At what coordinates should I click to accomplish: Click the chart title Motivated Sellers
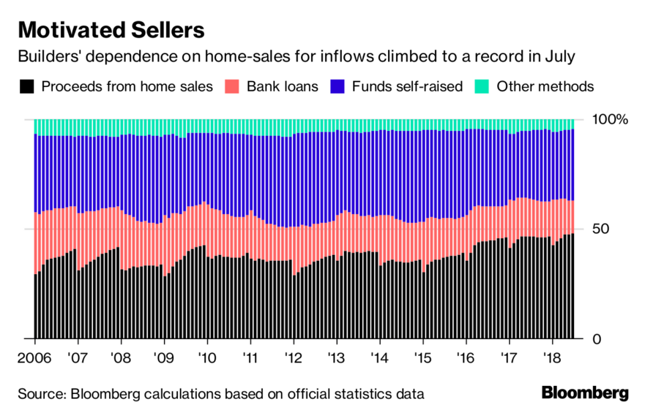(x=111, y=31)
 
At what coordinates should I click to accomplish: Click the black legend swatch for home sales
(x=26, y=87)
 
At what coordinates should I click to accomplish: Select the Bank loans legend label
(x=282, y=87)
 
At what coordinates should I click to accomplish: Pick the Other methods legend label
(x=545, y=87)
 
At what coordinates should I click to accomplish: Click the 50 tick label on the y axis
(x=601, y=229)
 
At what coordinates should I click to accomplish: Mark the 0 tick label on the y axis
(x=597, y=339)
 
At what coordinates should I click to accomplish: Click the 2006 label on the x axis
(x=34, y=360)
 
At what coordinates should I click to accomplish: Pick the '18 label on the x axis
(x=552, y=360)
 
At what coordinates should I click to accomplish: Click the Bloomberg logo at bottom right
(x=584, y=393)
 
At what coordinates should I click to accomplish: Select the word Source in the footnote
(x=41, y=394)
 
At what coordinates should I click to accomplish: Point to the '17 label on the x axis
(x=509, y=360)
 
